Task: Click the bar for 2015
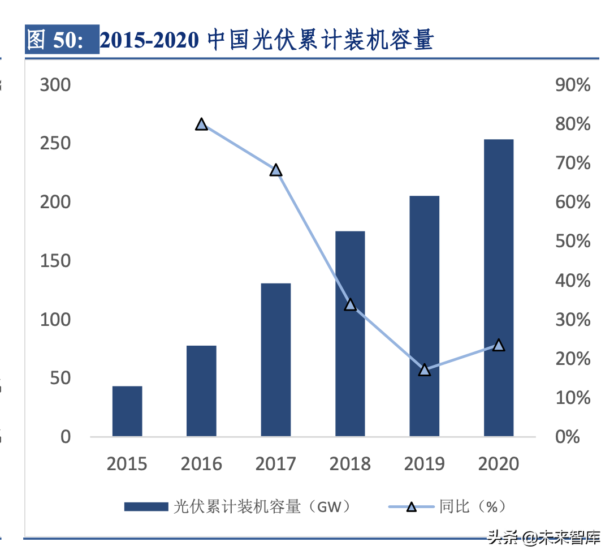point(127,411)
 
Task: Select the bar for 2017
point(276,360)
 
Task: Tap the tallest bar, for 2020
point(499,288)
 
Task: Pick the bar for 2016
point(201,391)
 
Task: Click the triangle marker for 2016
point(201,124)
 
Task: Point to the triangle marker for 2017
point(276,170)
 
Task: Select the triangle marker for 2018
point(350,305)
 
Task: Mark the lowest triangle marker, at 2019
point(425,371)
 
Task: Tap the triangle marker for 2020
point(499,345)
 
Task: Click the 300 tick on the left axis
point(55,85)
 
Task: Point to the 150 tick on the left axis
point(55,261)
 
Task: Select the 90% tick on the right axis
point(573,85)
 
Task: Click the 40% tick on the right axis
point(573,281)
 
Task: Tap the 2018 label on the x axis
point(350,464)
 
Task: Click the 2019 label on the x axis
point(425,464)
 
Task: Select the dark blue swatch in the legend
point(146,506)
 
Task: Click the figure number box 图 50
point(62,40)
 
